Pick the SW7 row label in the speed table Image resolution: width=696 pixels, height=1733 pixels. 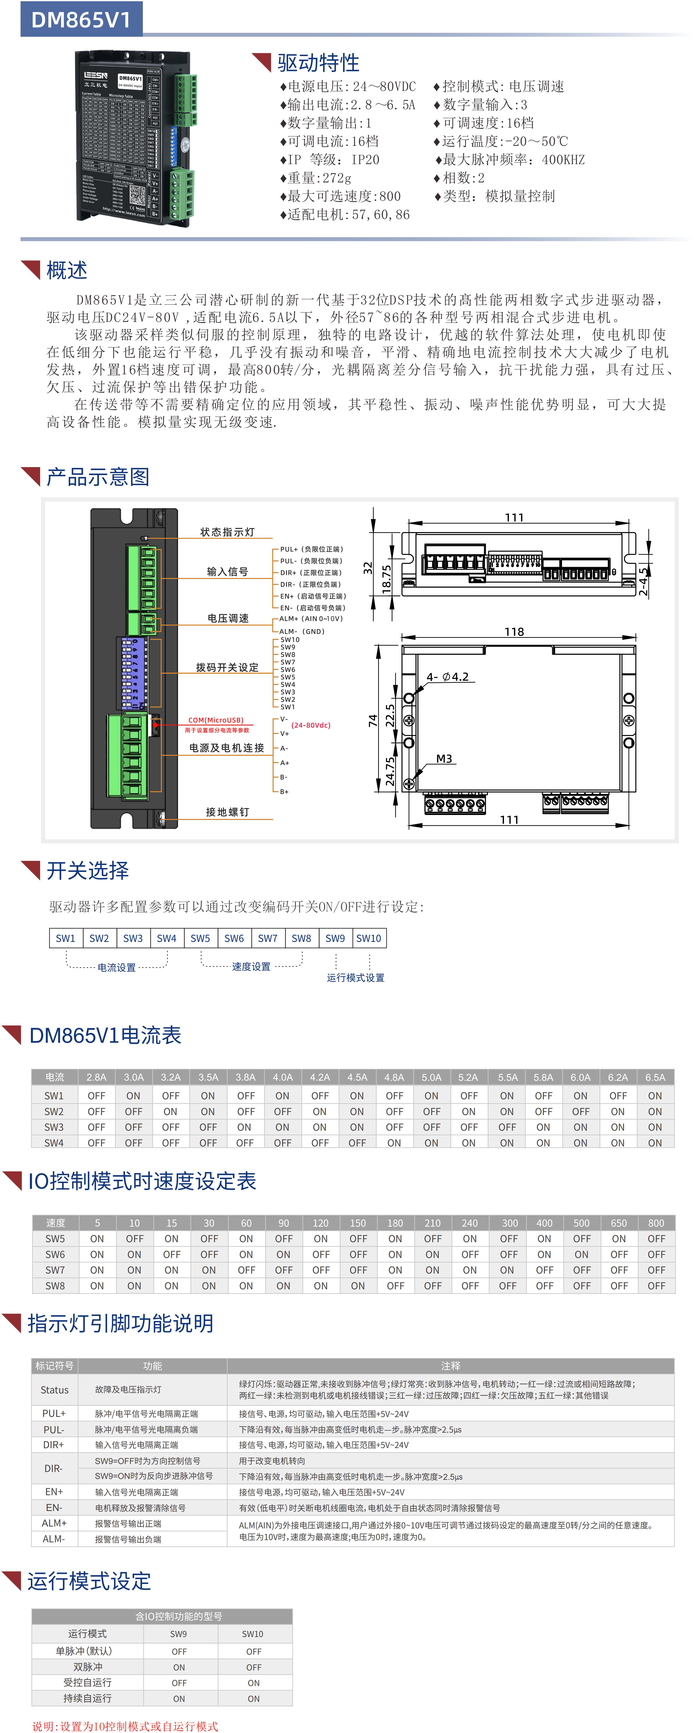(x=55, y=1270)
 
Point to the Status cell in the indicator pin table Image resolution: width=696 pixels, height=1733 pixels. (x=54, y=1390)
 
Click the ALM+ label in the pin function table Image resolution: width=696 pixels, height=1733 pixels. (x=54, y=1523)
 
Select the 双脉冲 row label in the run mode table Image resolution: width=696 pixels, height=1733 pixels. (x=87, y=1667)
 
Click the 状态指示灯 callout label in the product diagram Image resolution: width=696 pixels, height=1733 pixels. (x=227, y=532)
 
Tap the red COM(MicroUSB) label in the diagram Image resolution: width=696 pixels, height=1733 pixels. (x=216, y=720)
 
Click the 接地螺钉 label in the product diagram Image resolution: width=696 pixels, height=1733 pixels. (x=227, y=812)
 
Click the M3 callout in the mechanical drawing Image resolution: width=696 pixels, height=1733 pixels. (x=444, y=759)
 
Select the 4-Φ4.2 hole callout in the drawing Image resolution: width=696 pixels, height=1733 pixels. (x=447, y=677)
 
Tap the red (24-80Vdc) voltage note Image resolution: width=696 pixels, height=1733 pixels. (x=311, y=725)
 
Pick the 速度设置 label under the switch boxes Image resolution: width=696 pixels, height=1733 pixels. (x=251, y=967)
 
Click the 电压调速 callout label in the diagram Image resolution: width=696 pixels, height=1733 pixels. (x=228, y=618)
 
